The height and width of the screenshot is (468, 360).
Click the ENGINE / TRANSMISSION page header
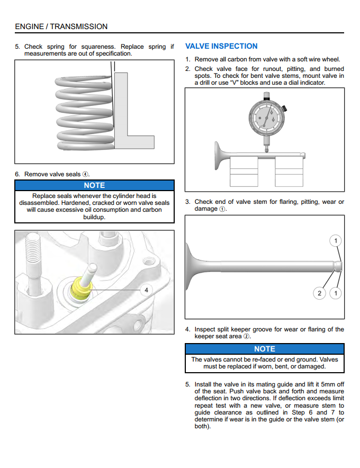coord(61,26)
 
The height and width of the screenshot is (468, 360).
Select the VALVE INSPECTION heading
coord(221,46)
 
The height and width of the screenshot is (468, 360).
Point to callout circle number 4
coord(146,290)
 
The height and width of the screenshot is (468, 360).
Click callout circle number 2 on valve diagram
coord(319,293)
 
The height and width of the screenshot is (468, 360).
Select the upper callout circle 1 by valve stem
coord(335,241)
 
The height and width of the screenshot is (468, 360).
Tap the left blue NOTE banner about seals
coord(94,185)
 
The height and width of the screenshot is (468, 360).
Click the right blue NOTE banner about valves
coord(264,349)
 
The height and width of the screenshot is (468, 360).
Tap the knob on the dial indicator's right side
coord(285,109)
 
